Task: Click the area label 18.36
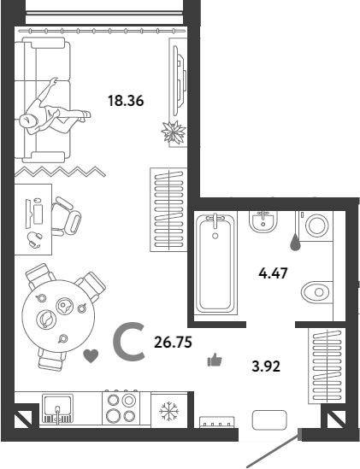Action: (x=126, y=101)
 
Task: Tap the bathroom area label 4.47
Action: (x=273, y=273)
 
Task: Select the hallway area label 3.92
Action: (x=266, y=366)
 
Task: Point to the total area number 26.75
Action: (x=173, y=343)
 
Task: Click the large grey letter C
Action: (x=117, y=342)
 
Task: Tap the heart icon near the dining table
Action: (x=91, y=356)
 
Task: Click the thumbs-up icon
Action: (x=215, y=360)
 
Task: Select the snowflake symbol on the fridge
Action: (x=169, y=411)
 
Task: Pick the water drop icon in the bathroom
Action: (x=295, y=243)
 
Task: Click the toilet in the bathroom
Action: (x=317, y=292)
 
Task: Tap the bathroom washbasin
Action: (x=263, y=221)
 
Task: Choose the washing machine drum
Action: (x=317, y=226)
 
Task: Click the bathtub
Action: (x=215, y=262)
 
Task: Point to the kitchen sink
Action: (x=57, y=409)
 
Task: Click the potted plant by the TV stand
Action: (x=174, y=132)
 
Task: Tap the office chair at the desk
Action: (x=66, y=216)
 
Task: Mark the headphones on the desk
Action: (x=34, y=239)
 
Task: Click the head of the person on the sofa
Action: (x=28, y=122)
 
